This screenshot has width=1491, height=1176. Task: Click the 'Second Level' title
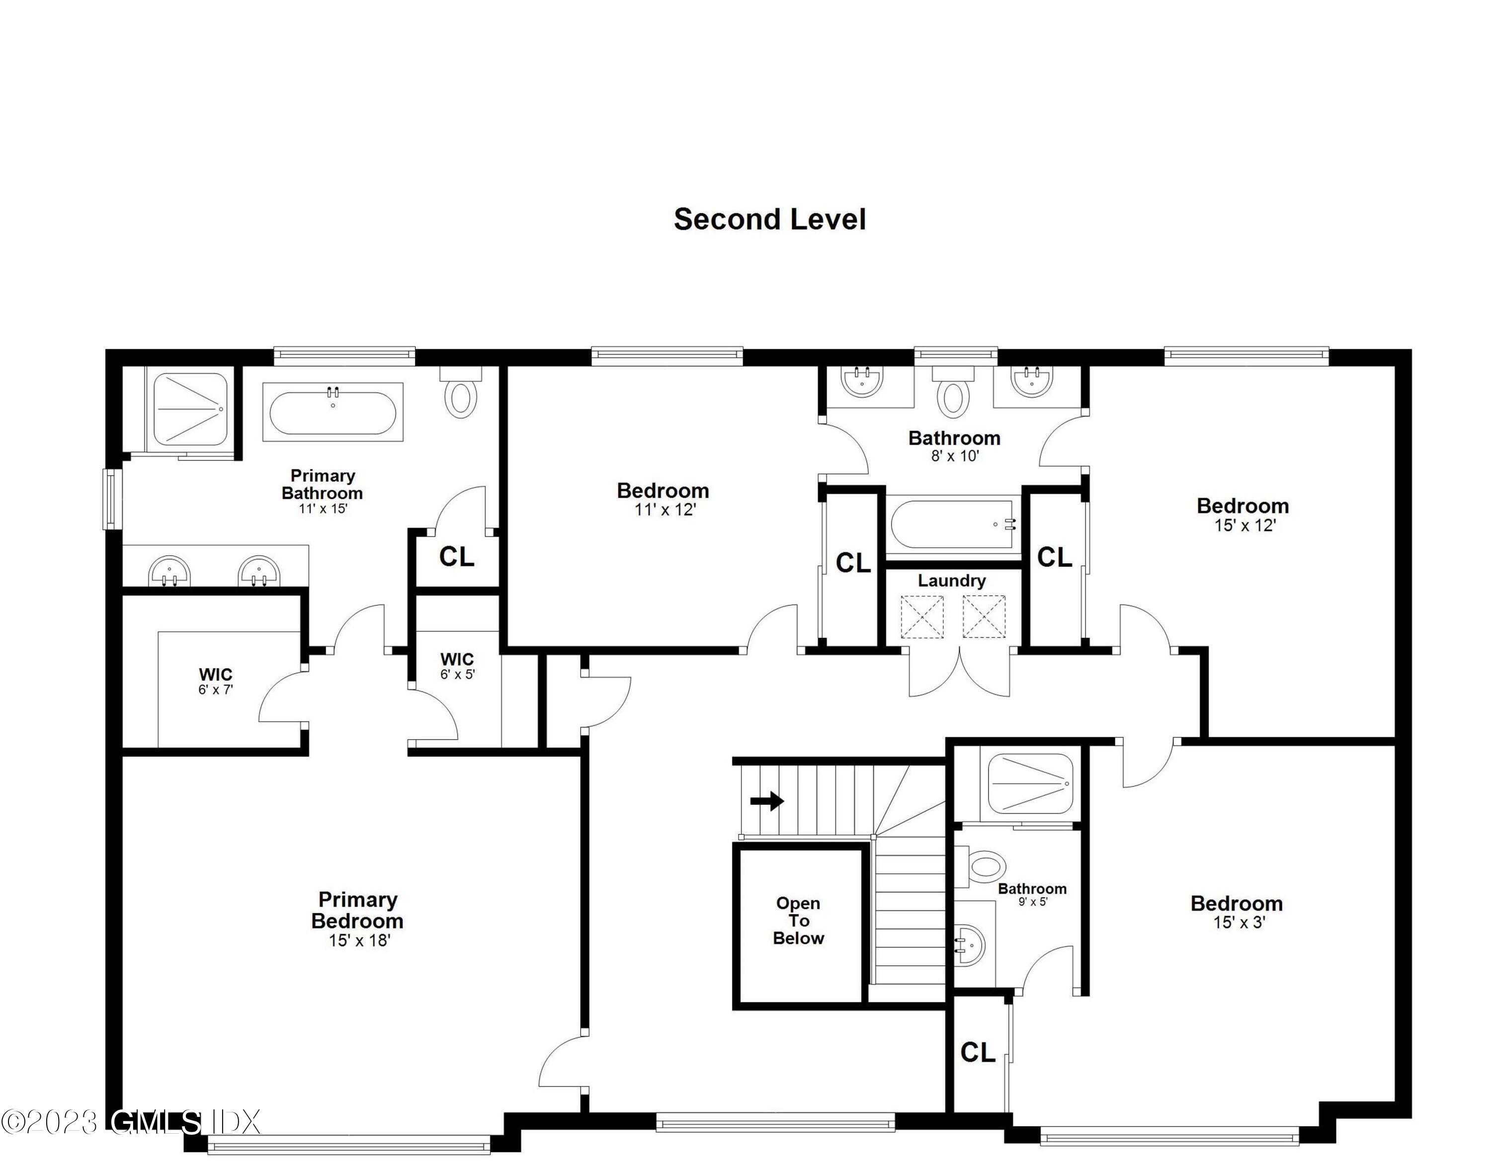pyautogui.click(x=769, y=220)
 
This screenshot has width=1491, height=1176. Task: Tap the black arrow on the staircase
pyautogui.click(x=767, y=801)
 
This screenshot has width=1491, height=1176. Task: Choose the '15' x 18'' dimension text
pyautogui.click(x=359, y=940)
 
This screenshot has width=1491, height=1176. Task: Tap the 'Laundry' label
pyautogui.click(x=951, y=581)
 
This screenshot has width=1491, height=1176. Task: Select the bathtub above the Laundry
pyautogui.click(x=953, y=525)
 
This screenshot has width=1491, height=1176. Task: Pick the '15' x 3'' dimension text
pyautogui.click(x=1239, y=923)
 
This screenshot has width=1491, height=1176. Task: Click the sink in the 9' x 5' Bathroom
pyautogui.click(x=971, y=945)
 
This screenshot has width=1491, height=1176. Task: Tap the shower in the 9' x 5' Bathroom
pyautogui.click(x=1030, y=784)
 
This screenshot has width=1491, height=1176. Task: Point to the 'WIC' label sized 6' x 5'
pyautogui.click(x=457, y=660)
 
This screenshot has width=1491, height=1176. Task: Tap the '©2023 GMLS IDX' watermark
pyautogui.click(x=131, y=1122)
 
